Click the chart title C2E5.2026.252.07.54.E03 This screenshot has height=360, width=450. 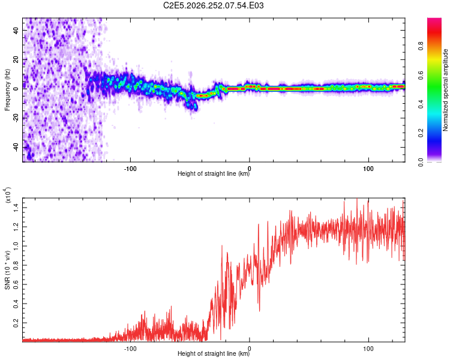tap(213, 5)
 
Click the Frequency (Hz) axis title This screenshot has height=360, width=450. tap(7, 90)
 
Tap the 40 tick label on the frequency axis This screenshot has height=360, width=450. tap(16, 30)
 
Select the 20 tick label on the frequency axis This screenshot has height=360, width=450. tap(16, 60)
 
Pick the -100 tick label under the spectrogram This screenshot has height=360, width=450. tap(130, 169)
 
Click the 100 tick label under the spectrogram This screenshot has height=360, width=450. tap(368, 169)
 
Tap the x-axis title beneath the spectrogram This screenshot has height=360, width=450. tap(214, 174)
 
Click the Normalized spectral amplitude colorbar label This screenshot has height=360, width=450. tap(445, 90)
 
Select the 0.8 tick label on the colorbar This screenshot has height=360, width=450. tap(421, 46)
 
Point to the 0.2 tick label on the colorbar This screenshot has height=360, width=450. tap(421, 133)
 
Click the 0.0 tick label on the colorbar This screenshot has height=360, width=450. tap(421, 162)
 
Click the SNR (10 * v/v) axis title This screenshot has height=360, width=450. tap(7, 270)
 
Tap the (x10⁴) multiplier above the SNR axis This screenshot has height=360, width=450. tap(7, 195)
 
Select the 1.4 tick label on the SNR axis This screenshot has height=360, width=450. tap(16, 207)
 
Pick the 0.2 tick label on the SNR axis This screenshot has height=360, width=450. tap(16, 323)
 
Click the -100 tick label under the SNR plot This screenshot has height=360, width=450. tap(130, 349)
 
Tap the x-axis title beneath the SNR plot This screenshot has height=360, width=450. tap(214, 353)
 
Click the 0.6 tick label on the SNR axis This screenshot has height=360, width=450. tap(16, 284)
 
